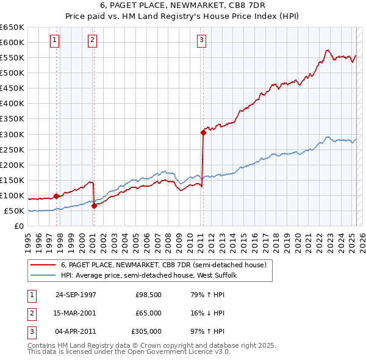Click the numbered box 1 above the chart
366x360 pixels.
[x=54, y=41]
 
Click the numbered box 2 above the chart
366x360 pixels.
[x=91, y=41]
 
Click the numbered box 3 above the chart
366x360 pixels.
[x=201, y=41]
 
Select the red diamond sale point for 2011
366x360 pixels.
[x=203, y=132]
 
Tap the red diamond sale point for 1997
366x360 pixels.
[x=57, y=196]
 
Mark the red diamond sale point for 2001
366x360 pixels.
[x=94, y=206]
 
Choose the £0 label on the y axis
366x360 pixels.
[x=18, y=226]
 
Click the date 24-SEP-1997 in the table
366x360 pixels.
[x=76, y=295]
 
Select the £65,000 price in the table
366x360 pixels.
[x=148, y=313]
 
